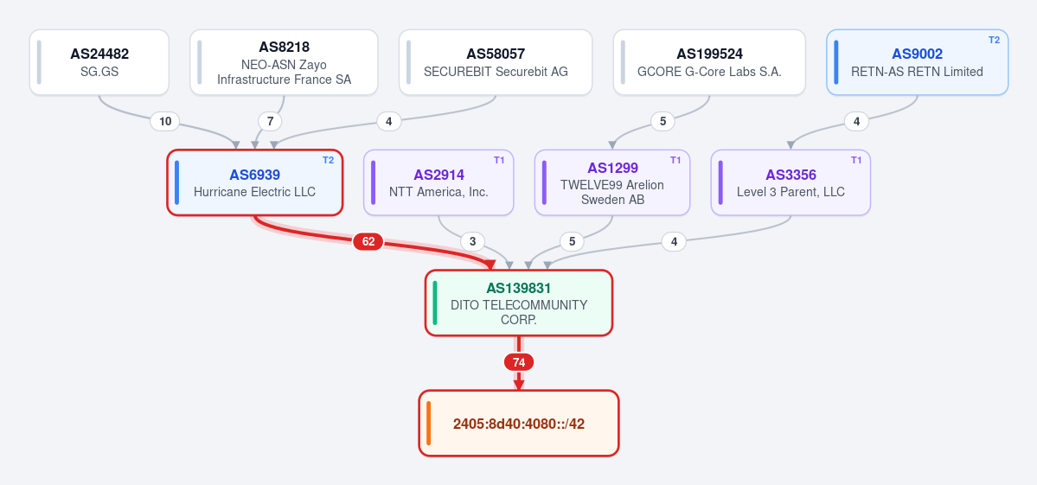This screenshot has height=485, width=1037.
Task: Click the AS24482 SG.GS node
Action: click(x=99, y=62)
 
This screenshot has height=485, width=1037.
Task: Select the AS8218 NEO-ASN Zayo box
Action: click(x=284, y=62)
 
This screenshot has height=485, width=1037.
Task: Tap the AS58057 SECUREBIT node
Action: click(x=496, y=62)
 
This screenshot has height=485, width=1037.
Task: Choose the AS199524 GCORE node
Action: click(x=709, y=62)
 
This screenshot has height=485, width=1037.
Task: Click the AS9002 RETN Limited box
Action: click(x=918, y=62)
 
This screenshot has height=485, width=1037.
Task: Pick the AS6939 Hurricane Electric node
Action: click(x=254, y=182)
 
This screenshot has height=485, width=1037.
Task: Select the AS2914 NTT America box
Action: click(x=438, y=182)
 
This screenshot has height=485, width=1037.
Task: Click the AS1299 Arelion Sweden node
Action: click(x=612, y=182)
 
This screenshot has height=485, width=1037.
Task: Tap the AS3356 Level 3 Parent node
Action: click(x=791, y=182)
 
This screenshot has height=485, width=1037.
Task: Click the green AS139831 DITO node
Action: click(x=519, y=303)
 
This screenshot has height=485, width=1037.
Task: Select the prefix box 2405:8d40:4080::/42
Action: click(x=519, y=423)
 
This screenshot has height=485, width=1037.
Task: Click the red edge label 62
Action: click(x=368, y=242)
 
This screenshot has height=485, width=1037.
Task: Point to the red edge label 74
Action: click(x=519, y=362)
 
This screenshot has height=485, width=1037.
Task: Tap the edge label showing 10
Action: click(x=165, y=121)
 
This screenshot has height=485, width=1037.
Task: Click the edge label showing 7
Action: click(x=270, y=121)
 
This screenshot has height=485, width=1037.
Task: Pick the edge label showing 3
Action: click(x=472, y=242)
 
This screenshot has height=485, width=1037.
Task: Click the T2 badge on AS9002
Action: click(x=994, y=40)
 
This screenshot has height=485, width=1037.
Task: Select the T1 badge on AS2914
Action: click(x=499, y=160)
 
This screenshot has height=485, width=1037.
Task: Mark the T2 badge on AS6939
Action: click(x=328, y=160)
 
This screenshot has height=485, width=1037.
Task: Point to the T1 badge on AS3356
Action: click(x=855, y=160)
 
